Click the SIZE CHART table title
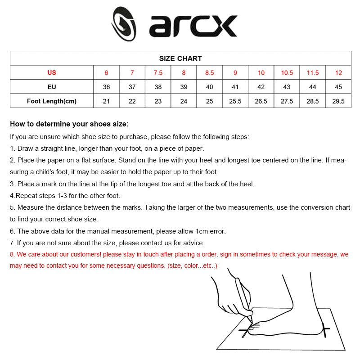pos(180,58)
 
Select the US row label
pos(52,73)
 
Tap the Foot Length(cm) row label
pos(52,101)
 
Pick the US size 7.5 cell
pos(158,73)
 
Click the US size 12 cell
pos(338,73)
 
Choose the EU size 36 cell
pos(106,87)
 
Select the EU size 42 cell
pos(261,87)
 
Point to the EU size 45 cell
pos(338,87)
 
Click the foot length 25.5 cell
pos(235,101)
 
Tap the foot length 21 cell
pos(106,101)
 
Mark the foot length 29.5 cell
pos(338,101)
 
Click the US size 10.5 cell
pos(287,73)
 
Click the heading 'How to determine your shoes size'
pos(69,124)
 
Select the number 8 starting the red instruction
pos(12,254)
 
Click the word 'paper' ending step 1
pos(195,148)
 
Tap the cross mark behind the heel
pos(325,330)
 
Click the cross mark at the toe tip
pos(246,332)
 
